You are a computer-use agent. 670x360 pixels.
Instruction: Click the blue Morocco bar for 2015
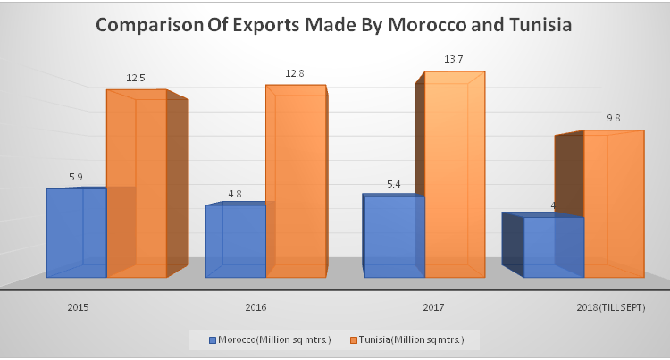(x=76, y=232)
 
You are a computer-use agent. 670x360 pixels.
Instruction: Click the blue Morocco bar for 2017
(x=393, y=237)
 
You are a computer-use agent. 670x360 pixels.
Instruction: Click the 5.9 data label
(x=76, y=177)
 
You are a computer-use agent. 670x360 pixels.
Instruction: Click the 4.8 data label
(x=235, y=194)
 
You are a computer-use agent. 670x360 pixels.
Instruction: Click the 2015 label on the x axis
(x=77, y=307)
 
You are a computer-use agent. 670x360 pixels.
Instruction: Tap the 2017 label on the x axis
(x=433, y=307)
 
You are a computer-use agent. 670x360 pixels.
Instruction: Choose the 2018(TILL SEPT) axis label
(x=610, y=307)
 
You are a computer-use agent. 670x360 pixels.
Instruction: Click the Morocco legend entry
(x=266, y=339)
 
